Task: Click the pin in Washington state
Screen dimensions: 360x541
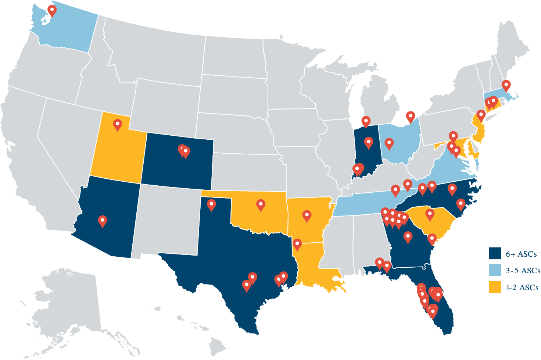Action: (x=52, y=10)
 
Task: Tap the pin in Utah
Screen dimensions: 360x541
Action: (x=118, y=124)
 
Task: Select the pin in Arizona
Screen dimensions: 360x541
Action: (x=103, y=220)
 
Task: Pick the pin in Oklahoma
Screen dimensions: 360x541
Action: (x=261, y=204)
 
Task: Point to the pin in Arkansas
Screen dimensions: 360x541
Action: (x=307, y=215)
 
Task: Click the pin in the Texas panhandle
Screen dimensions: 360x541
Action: (x=211, y=204)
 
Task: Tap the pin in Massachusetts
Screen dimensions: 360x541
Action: (x=506, y=85)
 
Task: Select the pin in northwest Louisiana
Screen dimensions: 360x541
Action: (x=297, y=244)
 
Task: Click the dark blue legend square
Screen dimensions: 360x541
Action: (x=495, y=253)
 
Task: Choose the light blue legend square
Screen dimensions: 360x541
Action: (x=495, y=270)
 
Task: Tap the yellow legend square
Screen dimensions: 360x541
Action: (x=495, y=287)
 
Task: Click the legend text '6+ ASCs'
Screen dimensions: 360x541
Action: (x=521, y=254)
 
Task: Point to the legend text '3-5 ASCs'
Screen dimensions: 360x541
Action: (x=523, y=271)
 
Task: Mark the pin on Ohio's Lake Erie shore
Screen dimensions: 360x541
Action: (x=411, y=117)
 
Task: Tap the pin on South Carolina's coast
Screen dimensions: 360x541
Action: (x=431, y=239)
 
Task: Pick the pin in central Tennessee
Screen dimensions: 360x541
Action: (x=395, y=190)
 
